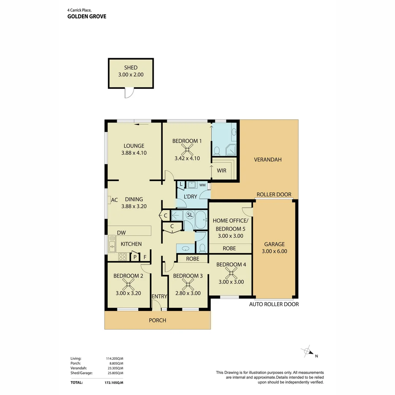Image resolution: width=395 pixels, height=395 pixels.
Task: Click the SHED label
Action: (131, 68)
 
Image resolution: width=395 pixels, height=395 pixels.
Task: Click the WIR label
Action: (222, 170)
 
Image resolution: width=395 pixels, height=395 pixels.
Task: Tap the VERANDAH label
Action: (268, 159)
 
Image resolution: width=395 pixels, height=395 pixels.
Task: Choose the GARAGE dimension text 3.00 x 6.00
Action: (274, 251)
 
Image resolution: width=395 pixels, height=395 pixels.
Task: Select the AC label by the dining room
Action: (114, 200)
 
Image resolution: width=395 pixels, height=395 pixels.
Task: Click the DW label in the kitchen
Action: (121, 233)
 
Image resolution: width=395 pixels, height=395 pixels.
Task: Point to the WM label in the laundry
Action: (202, 185)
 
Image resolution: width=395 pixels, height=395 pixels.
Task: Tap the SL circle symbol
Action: (190, 215)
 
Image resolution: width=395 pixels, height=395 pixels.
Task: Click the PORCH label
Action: (157, 320)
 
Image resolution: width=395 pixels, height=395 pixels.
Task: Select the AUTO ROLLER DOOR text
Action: (274, 304)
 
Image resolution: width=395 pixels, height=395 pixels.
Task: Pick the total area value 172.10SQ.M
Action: (114, 383)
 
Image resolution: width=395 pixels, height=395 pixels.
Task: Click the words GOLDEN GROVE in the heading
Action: (87, 16)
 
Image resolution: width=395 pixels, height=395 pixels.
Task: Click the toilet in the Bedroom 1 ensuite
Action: (217, 150)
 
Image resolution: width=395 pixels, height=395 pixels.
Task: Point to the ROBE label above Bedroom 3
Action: (192, 259)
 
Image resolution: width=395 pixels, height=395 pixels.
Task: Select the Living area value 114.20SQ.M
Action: (114, 358)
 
